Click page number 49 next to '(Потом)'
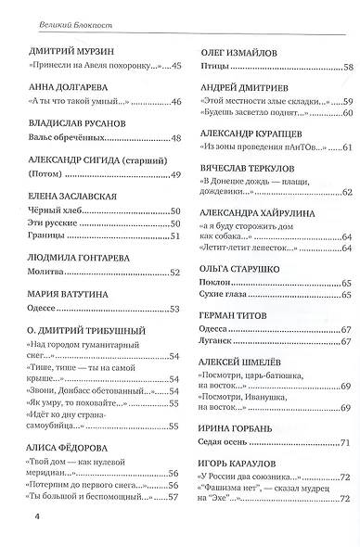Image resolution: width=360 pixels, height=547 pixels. point(174,174)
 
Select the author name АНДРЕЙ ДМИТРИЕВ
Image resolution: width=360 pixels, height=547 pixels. point(244,86)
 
